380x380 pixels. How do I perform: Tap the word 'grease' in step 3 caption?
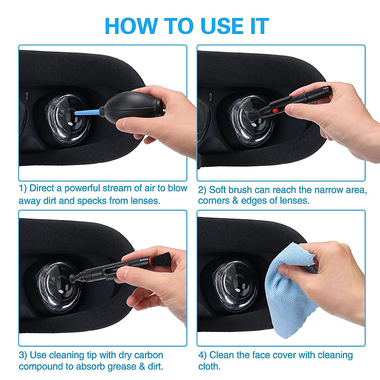click(x=122, y=367)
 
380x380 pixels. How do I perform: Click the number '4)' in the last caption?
click(x=203, y=355)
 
